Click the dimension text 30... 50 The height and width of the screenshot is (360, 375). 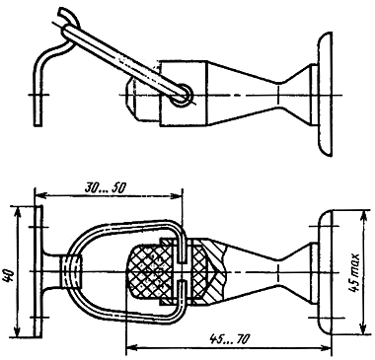106,187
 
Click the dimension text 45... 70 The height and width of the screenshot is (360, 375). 229,338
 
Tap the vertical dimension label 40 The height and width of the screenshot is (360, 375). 9,275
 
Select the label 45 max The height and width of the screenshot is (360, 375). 354,272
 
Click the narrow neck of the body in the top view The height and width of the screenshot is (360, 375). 279,95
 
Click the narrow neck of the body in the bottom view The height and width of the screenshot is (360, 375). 279,271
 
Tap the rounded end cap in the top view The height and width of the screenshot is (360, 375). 325,94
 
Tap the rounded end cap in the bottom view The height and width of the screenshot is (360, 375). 325,272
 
